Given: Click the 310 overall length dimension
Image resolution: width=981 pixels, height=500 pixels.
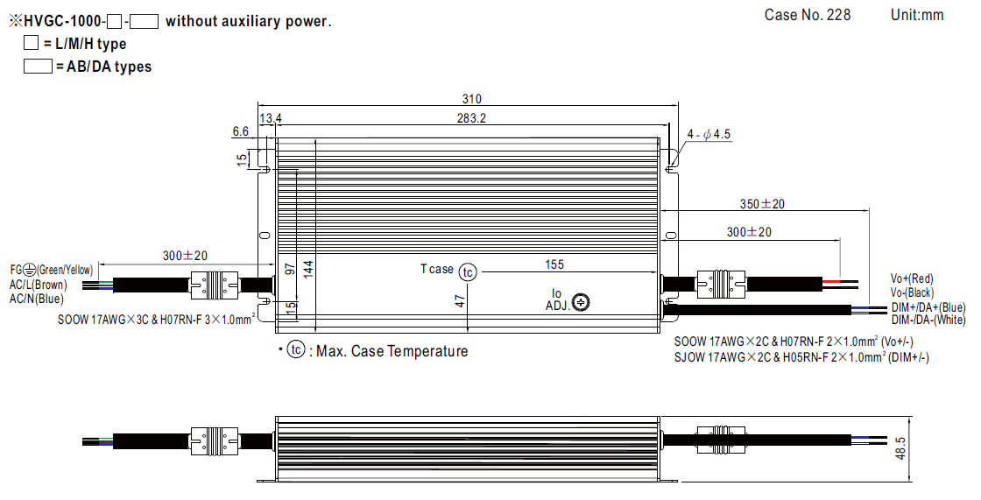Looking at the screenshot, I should [471, 99].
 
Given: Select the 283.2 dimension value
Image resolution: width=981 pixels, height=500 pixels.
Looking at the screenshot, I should [471, 118].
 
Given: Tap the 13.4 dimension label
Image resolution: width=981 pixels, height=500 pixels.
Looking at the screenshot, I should [271, 118].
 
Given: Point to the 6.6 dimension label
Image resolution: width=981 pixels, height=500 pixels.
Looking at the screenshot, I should [241, 131].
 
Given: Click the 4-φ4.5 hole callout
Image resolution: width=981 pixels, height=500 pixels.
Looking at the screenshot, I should [709, 134].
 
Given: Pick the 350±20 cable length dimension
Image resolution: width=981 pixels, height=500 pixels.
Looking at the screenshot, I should [762, 204].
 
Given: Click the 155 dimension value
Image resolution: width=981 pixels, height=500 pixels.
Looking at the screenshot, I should [554, 264].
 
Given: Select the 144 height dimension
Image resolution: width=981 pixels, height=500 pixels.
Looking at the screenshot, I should [307, 269].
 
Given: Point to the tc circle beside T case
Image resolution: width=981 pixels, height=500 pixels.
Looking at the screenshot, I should [468, 272].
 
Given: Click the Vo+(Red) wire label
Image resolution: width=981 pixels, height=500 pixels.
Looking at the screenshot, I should [912, 278].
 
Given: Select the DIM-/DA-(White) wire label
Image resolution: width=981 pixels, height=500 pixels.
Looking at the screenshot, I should [928, 320].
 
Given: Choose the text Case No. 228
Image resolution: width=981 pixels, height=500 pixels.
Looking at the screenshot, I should [807, 15].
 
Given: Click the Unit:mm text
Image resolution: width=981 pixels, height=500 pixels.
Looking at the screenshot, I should [917, 15].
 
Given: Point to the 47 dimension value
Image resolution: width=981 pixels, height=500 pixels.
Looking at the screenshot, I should [459, 301].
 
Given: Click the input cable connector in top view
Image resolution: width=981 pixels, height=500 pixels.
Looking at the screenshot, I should [215, 283].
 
